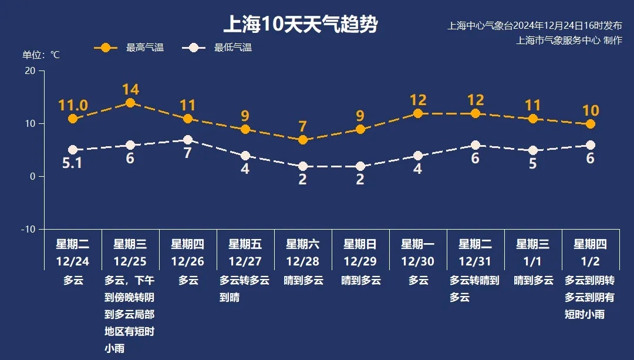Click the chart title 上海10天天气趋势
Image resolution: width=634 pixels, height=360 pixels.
(x=300, y=25)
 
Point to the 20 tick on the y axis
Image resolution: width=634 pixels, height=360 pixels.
(x=29, y=70)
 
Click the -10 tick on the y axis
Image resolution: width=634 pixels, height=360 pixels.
(x=28, y=229)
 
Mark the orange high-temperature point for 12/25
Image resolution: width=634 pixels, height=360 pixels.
(x=130, y=103)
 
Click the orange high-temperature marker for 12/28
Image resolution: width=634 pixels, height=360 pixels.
(x=303, y=140)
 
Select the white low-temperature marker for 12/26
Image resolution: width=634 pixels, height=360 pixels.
(x=188, y=140)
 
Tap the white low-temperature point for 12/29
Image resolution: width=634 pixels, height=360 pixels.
(x=360, y=166)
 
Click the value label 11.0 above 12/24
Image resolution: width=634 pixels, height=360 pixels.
(x=73, y=106)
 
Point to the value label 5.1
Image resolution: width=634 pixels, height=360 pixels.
(x=73, y=163)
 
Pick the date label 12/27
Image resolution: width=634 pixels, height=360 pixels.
(x=245, y=261)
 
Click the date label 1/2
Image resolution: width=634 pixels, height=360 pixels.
(x=590, y=261)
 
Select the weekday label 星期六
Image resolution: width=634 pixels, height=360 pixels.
(x=303, y=244)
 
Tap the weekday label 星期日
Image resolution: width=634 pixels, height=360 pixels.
(x=360, y=244)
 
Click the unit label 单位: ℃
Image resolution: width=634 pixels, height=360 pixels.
(x=41, y=55)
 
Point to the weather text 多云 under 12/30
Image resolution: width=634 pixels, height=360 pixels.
(x=418, y=281)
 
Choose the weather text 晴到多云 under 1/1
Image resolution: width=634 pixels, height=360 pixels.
(x=533, y=281)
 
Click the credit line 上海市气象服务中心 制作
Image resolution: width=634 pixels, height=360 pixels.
(x=569, y=41)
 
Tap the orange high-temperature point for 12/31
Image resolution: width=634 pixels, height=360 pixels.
(x=475, y=113)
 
